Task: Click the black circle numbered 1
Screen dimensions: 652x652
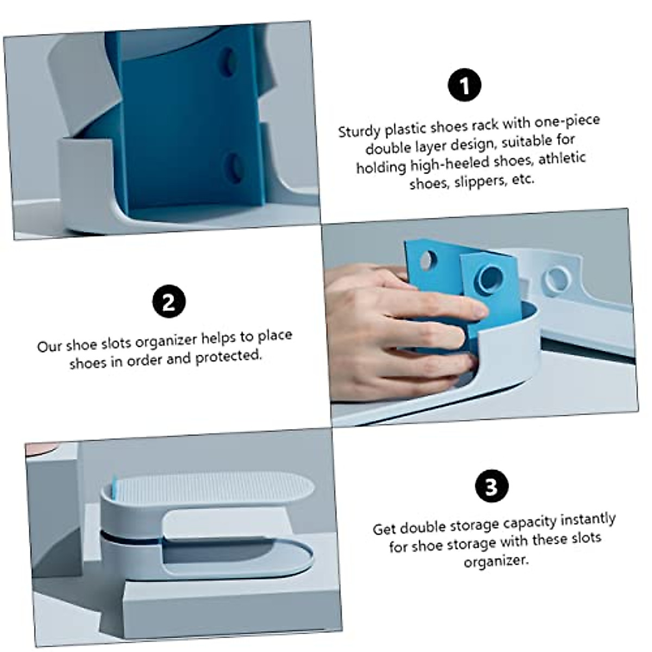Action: [x=465, y=85]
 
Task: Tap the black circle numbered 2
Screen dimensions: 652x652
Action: [x=169, y=302]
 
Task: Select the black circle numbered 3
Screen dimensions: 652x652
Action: [x=492, y=486]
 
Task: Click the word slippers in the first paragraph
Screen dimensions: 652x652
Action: [x=480, y=182]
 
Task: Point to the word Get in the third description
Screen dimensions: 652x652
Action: [x=384, y=529]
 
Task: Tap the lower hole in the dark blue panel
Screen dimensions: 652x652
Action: [x=234, y=167]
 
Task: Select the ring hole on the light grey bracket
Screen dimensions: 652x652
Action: [x=556, y=279]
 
